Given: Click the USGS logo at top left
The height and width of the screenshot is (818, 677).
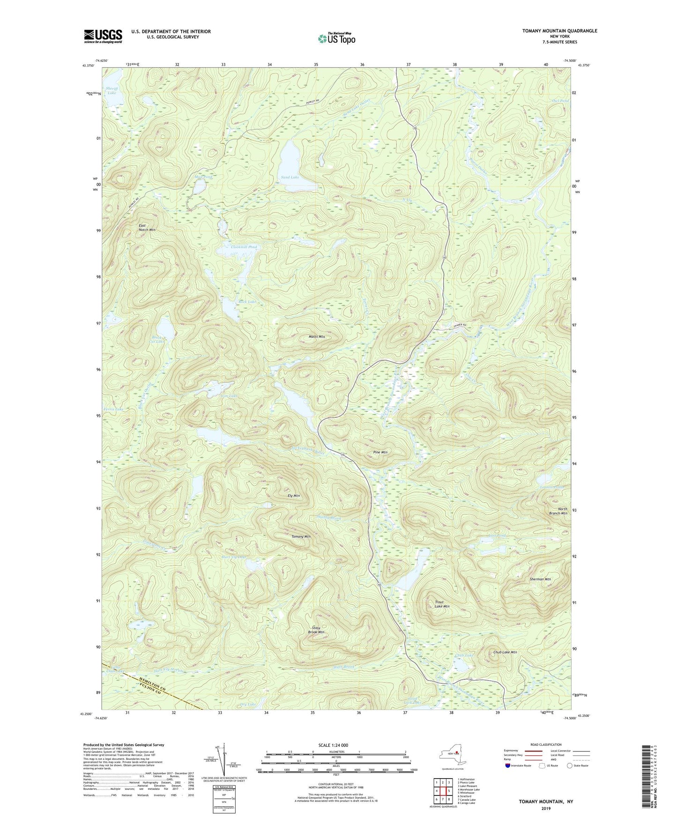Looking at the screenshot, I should [x=103, y=36].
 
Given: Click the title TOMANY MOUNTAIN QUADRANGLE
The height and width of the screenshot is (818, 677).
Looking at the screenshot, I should [x=559, y=31].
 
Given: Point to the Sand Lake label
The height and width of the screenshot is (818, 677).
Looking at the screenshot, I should [x=290, y=178].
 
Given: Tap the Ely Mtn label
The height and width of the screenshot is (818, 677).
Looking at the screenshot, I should [x=294, y=496].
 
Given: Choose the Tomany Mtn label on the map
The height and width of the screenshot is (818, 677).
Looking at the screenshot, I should [x=301, y=536].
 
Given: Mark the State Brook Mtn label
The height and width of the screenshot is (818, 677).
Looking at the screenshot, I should [x=316, y=630].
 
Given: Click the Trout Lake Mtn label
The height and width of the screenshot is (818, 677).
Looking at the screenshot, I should [x=442, y=604].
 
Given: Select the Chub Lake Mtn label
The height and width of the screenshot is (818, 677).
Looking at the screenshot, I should [x=505, y=652].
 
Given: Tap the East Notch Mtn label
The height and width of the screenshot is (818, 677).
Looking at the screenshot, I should [x=147, y=228].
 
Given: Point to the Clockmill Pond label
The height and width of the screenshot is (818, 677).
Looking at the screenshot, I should [x=244, y=247].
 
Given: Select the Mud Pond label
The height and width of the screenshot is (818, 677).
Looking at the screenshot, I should [x=204, y=178].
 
